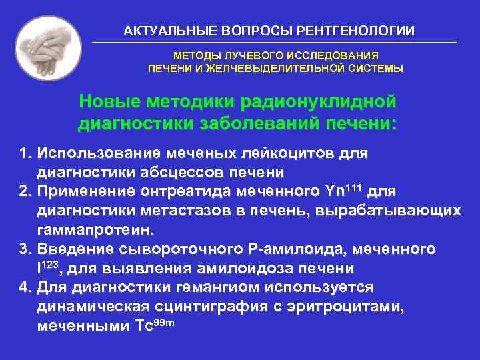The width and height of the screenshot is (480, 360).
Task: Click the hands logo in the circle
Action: pos(48,49)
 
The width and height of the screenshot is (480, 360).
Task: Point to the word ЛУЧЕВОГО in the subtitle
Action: pos(239,56)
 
